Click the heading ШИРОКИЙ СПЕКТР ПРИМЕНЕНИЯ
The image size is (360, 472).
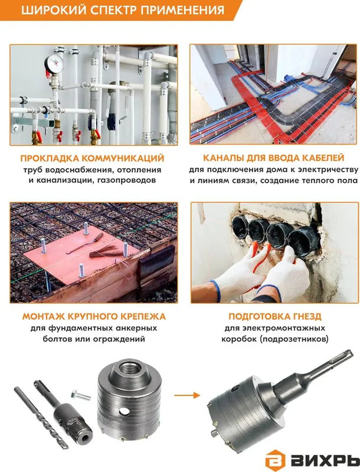tap(123, 10)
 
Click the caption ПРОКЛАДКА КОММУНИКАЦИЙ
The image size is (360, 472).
tap(93, 158)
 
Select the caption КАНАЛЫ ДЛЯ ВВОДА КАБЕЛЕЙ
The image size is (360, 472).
tap(274, 158)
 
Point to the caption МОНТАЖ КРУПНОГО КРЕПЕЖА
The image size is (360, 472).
tap(94, 316)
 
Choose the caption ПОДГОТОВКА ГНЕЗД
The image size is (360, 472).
tap(275, 316)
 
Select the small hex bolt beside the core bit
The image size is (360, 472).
tap(81, 395)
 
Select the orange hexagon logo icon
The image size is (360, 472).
tap(275, 460)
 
